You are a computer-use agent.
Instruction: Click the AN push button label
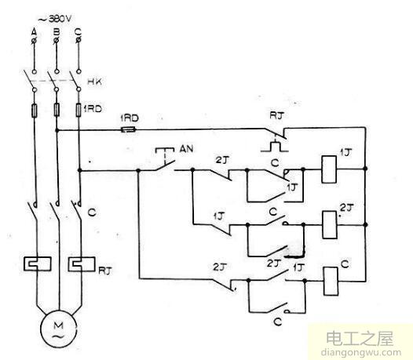coord(187,146)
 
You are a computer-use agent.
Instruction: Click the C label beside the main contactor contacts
coord(92,211)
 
